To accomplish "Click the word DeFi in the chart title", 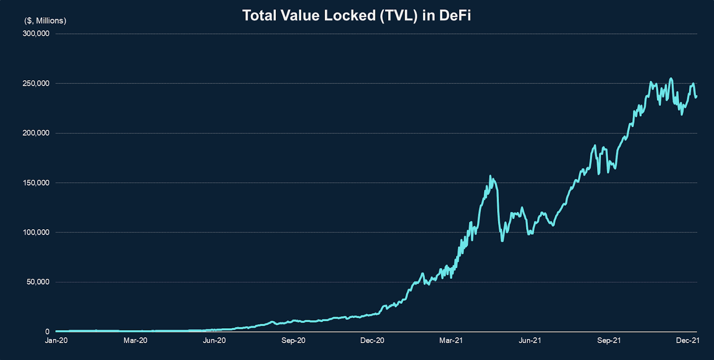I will point(455,16).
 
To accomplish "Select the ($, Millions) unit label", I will point(45,21).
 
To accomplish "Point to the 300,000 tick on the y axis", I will point(36,33).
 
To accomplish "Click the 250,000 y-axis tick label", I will point(36,83).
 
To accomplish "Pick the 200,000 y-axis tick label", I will point(36,133).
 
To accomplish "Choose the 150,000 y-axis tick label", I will point(36,183).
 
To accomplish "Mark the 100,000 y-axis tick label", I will point(36,232).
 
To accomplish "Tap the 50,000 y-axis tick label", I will point(38,282).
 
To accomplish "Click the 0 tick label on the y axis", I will point(47,331).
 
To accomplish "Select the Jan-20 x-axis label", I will point(56,340).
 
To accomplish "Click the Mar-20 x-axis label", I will point(135,340).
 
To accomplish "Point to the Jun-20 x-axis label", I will point(214,340).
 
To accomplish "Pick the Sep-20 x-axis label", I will point(293,340).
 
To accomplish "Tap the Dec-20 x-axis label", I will point(372,340).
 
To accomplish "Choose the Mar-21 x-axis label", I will point(451,340).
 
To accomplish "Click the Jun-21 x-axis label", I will point(530,340).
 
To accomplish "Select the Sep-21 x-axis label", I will point(609,340).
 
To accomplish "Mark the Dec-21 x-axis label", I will point(687,340).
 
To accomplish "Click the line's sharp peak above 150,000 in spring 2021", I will point(490,176).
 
